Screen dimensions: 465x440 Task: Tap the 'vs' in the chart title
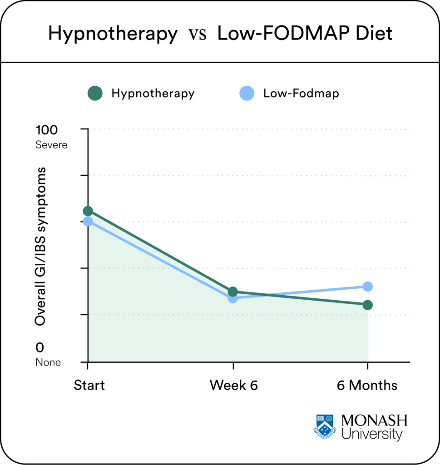coord(198,35)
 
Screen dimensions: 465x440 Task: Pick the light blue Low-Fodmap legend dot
coord(247,94)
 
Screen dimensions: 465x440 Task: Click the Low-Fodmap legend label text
coord(301,94)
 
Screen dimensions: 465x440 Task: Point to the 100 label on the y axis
coord(47,130)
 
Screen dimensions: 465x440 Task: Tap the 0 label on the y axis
coord(40,348)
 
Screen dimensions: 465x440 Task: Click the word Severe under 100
coord(51,145)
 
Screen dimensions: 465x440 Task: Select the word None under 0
coord(48,362)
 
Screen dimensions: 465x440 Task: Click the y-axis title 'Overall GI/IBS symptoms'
coord(41,246)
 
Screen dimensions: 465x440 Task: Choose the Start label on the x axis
coord(89,386)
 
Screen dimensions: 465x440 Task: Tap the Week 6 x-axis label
coord(233,386)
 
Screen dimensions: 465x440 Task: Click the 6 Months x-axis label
coord(367,386)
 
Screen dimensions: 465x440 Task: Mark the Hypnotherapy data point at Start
coord(88,211)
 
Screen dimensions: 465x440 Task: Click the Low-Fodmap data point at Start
coord(88,221)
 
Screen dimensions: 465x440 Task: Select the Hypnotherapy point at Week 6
coord(233,292)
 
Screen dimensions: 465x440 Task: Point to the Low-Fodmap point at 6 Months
coord(368,286)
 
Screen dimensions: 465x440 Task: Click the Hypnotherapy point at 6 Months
coord(368,305)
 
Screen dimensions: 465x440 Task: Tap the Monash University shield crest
coord(325,426)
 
